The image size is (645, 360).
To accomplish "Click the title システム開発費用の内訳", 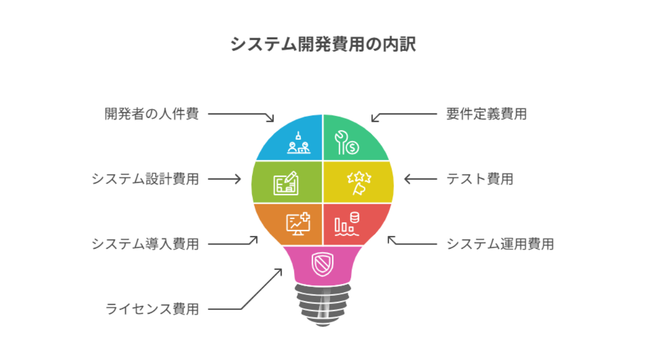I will click(x=323, y=44).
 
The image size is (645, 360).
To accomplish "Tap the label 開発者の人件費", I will click(x=151, y=114).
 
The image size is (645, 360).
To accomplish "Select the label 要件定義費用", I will click(x=486, y=114).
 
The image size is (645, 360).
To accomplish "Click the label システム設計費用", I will click(x=145, y=179).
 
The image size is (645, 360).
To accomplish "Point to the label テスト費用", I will click(x=480, y=179).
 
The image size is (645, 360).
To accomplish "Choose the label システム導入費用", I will click(x=145, y=244).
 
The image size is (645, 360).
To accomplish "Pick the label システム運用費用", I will click(x=500, y=244).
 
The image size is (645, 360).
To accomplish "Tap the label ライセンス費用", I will click(x=152, y=309).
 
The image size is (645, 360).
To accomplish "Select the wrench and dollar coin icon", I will click(x=347, y=142).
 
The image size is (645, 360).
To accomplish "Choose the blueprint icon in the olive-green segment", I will click(x=286, y=183).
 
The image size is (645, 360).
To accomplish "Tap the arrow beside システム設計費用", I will click(x=225, y=179).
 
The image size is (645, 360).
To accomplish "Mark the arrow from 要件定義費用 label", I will click(x=403, y=114).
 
